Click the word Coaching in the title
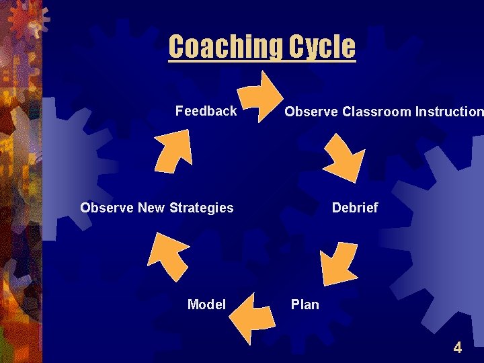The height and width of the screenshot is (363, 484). pyautogui.click(x=226, y=47)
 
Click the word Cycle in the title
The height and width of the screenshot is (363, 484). pyautogui.click(x=322, y=47)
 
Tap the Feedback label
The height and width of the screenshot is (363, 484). pyautogui.click(x=206, y=111)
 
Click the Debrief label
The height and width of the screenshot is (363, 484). pyautogui.click(x=355, y=208)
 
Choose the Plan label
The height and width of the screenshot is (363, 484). pyautogui.click(x=305, y=305)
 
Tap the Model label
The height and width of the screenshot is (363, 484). pyautogui.click(x=206, y=305)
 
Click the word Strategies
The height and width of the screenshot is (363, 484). pyautogui.click(x=200, y=208)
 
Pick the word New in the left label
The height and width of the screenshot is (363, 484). pyautogui.click(x=151, y=208)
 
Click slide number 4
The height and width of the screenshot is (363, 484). pyautogui.click(x=458, y=348)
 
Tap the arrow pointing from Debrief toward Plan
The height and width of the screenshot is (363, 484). pyautogui.click(x=339, y=263)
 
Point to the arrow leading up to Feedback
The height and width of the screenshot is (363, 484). pyautogui.click(x=173, y=150)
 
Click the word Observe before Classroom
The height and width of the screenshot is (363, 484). pyautogui.click(x=311, y=112)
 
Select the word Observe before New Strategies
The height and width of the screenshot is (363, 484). pyautogui.click(x=107, y=208)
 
